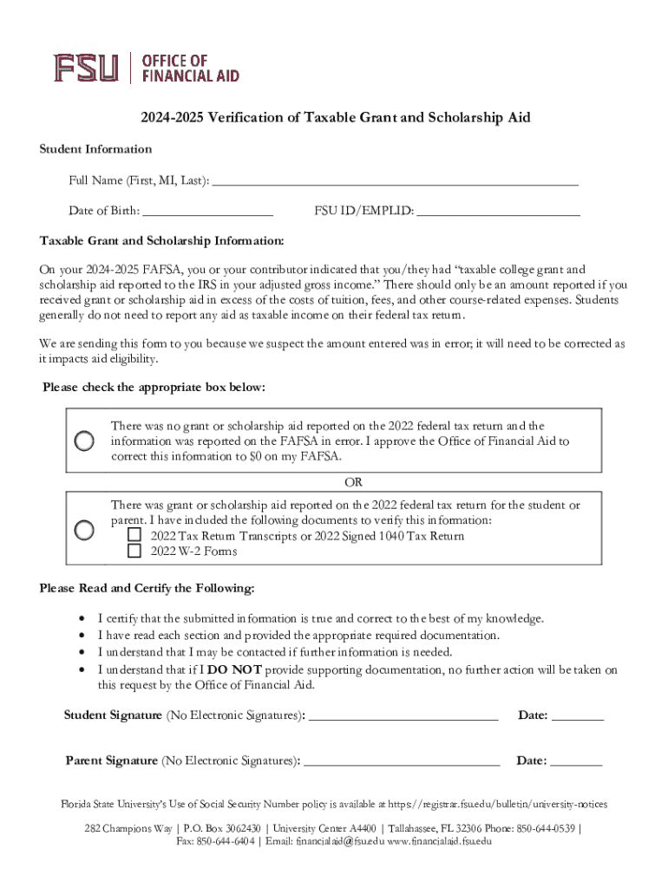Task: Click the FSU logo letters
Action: [x=85, y=68]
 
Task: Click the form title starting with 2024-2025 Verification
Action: [x=333, y=117]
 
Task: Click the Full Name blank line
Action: [x=395, y=182]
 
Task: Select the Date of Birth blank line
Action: [x=207, y=212]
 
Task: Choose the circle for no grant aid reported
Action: [x=84, y=441]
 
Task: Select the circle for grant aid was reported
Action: [x=84, y=529]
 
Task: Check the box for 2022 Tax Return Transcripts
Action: [x=134, y=535]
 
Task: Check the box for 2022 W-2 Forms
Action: [x=134, y=551]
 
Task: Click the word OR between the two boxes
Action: [x=353, y=482]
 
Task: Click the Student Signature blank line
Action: [x=403, y=718]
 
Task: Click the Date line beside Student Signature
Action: [x=577, y=718]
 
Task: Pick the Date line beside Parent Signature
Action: [x=576, y=764]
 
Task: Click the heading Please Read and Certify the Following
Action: [x=147, y=589]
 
